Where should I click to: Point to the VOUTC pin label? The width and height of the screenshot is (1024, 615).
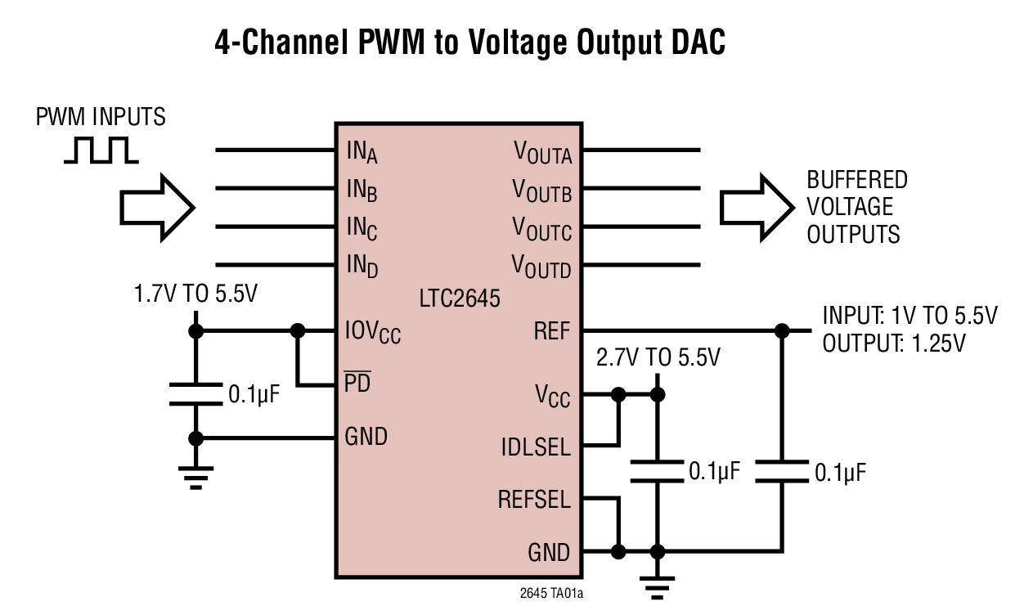point(541,228)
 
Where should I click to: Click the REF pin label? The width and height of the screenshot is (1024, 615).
point(552,331)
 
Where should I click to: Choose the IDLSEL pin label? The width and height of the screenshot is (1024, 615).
point(536,447)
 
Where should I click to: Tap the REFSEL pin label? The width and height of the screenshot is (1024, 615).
point(534,500)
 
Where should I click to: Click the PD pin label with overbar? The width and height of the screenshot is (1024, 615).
point(357,382)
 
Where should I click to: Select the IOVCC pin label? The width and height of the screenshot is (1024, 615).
point(373,332)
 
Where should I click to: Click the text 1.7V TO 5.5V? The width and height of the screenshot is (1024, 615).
point(195,294)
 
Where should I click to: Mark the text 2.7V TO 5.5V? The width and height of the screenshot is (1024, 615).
point(658,357)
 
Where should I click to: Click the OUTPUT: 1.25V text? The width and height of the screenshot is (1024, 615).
point(894,343)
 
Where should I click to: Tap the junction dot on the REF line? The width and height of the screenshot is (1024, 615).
point(782,331)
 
